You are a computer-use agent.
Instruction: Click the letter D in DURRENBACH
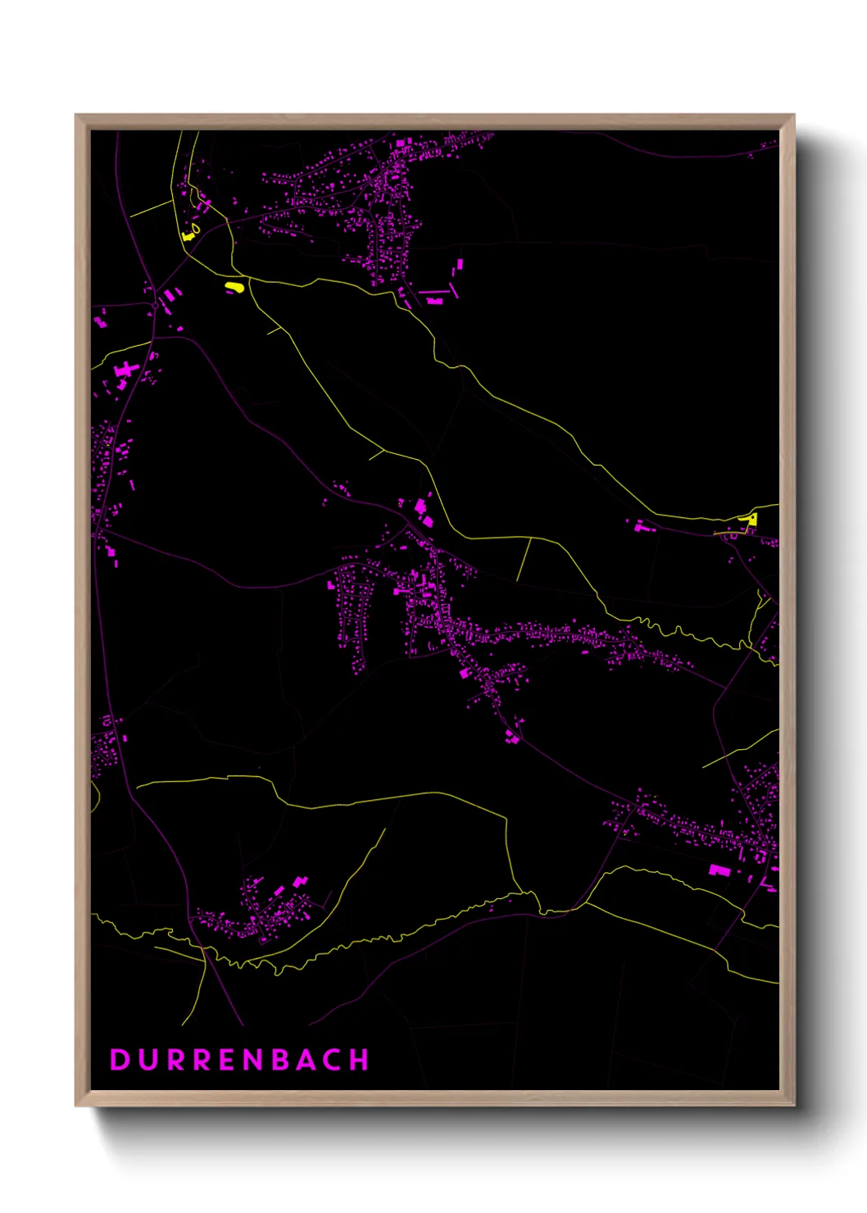tap(119, 1060)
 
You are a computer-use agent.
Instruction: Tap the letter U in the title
tap(148, 1060)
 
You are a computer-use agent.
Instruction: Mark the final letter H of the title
tap(360, 1060)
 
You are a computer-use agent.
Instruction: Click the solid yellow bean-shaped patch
tap(234, 287)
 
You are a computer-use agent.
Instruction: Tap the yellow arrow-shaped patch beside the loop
tap(188, 236)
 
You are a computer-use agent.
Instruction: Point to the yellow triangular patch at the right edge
tap(751, 519)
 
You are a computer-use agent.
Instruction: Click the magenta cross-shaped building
tap(125, 370)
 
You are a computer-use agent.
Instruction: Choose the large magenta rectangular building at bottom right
tap(719, 870)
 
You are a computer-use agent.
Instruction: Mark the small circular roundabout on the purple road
tap(154, 306)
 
